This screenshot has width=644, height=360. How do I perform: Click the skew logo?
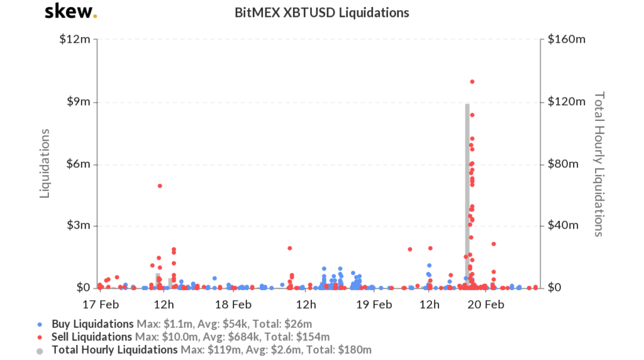point(71,12)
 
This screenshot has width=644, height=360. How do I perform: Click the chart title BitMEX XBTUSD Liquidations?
point(321,13)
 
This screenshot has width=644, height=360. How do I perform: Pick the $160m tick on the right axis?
point(567,40)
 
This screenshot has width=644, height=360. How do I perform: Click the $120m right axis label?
point(567,102)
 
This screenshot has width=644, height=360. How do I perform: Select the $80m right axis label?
point(565,164)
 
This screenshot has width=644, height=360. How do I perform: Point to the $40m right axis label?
point(565,226)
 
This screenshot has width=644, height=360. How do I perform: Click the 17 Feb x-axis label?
point(99,305)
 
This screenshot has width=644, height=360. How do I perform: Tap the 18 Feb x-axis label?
point(233,305)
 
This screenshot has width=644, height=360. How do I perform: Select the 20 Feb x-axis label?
point(487,305)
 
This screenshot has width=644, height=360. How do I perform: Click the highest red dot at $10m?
point(472,82)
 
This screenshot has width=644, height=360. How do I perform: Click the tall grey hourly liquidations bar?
point(467,195)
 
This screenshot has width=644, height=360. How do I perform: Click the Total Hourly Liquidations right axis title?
point(599,164)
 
